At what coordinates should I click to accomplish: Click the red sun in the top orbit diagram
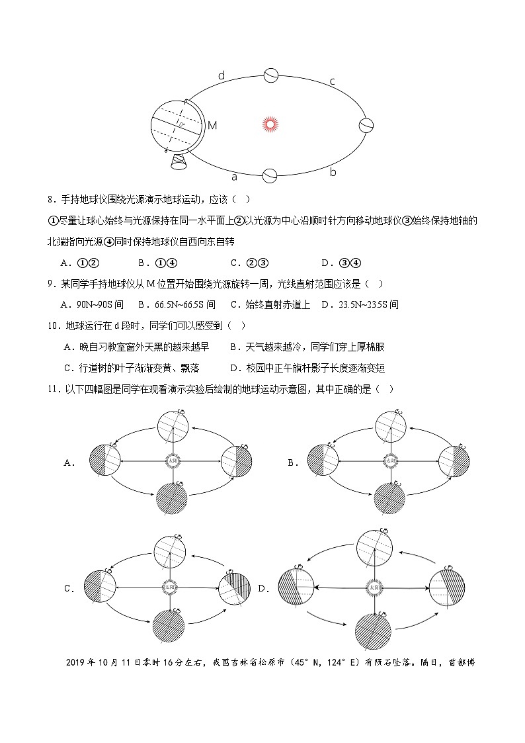268,124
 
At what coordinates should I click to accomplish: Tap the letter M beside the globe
212,125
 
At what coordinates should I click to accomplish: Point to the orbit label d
222,76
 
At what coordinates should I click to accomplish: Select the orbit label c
332,82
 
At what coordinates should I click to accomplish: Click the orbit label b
333,172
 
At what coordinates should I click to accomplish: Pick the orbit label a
234,177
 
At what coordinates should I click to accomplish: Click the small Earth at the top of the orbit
270,75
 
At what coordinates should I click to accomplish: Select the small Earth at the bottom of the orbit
270,175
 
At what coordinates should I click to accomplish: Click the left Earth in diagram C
101,585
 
